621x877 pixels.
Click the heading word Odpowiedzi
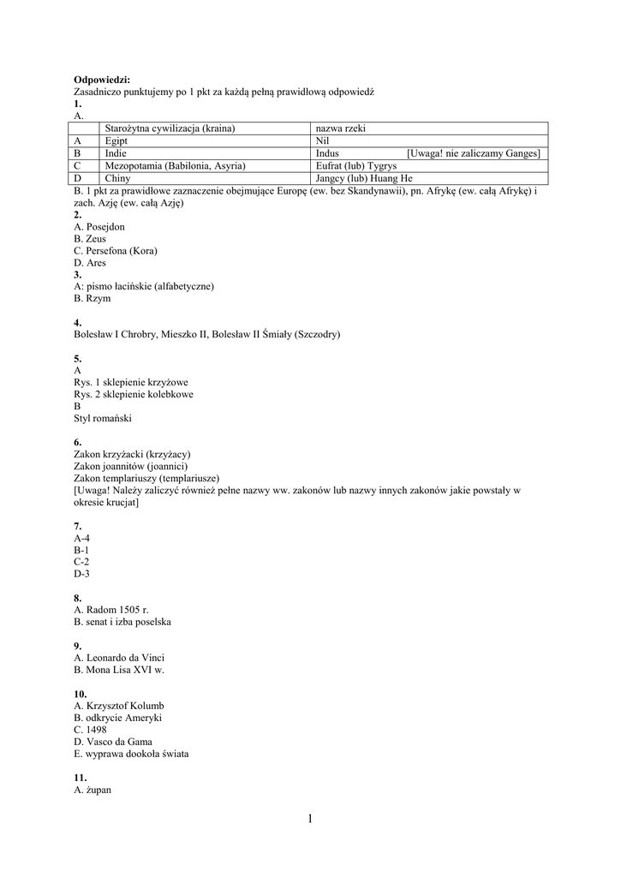[101, 79]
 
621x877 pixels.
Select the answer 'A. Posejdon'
[99, 227]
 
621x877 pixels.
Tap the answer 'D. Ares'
[90, 263]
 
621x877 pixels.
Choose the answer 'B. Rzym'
[93, 299]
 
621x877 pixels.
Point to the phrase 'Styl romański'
[103, 418]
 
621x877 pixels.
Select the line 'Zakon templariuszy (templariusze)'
[146, 478]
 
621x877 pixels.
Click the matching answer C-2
[81, 562]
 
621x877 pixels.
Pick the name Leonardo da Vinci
[125, 658]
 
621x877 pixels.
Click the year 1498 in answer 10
[97, 730]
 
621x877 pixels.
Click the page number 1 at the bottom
[310, 820]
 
